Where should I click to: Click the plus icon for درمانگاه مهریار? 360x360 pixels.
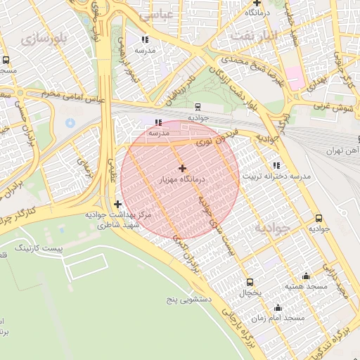pyautogui.click(x=183, y=168)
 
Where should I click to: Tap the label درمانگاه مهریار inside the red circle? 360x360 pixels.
pyautogui.click(x=181, y=181)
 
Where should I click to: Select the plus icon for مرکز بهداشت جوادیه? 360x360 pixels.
pyautogui.click(x=117, y=204)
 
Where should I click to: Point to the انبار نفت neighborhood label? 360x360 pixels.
pyautogui.click(x=254, y=35)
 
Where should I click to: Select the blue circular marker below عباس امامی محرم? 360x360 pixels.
pyautogui.click(x=70, y=124)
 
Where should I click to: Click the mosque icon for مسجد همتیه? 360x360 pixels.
pyautogui.click(x=306, y=276)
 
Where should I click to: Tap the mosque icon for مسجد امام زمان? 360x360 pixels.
pyautogui.click(x=278, y=307)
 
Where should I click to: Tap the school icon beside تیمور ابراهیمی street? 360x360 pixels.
pyautogui.click(x=145, y=39)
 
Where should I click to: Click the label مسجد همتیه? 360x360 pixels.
pyautogui.click(x=304, y=287)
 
